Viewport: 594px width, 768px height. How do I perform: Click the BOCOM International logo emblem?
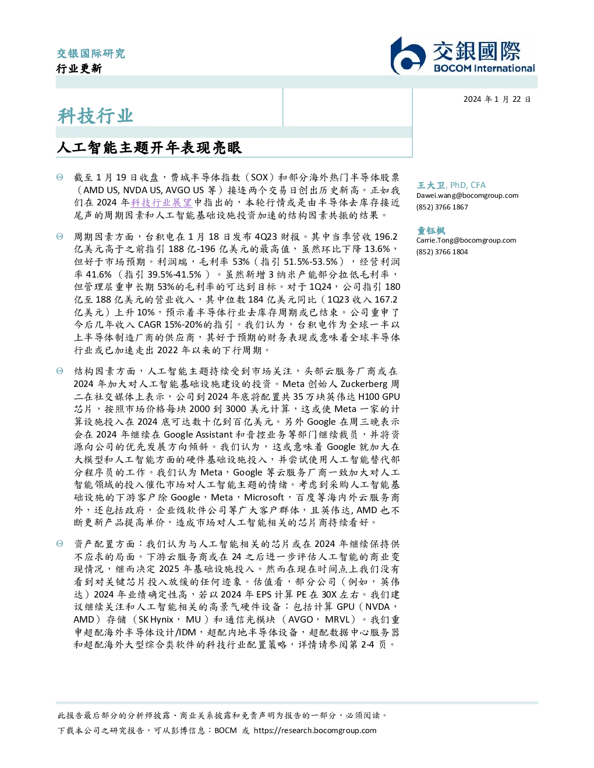coord(408,56)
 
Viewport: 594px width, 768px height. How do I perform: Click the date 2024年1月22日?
coord(497,99)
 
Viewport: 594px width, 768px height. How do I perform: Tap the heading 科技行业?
coord(95,116)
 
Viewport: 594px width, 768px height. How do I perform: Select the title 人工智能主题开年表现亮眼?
coord(149,147)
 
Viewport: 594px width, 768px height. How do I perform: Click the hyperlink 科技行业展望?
coord(161,202)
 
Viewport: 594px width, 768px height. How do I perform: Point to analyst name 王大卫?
coord(431,185)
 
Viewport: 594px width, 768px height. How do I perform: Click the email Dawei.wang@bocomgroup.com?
coord(467,195)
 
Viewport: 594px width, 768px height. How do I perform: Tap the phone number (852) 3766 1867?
coord(442,207)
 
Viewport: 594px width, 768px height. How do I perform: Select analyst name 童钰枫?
coord(431,230)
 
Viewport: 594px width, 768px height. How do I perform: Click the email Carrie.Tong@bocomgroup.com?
coord(466,240)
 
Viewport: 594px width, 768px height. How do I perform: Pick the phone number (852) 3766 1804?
coord(442,252)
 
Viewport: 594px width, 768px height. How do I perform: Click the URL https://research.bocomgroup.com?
coord(315,731)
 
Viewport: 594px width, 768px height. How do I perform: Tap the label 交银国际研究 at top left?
coord(91,54)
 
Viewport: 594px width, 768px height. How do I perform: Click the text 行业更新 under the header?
coord(79,68)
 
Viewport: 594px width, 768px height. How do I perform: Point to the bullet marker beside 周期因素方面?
coord(60,236)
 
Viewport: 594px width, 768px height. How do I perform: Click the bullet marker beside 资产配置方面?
coord(60,544)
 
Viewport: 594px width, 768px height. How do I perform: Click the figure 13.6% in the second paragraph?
coord(377,249)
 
